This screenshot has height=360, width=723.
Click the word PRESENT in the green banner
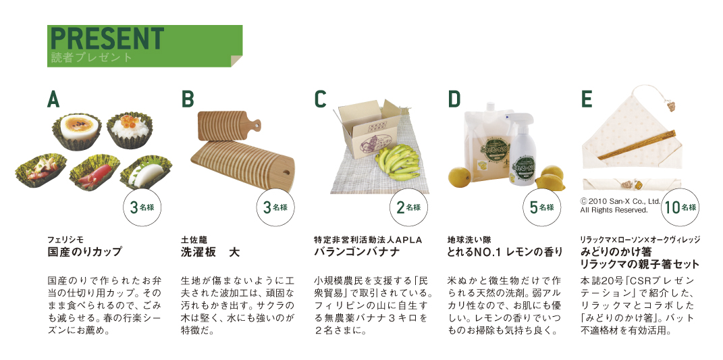[x=107, y=38]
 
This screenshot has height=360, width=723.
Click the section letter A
[x=53, y=99]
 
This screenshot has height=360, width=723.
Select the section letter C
[x=320, y=99]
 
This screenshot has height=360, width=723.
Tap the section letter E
[x=587, y=99]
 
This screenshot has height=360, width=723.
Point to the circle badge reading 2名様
[x=409, y=208]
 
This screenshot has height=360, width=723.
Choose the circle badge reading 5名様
[x=542, y=208]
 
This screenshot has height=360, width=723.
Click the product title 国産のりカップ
[x=85, y=252]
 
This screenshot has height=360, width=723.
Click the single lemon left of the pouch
[x=460, y=178]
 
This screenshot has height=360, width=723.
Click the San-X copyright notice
[x=620, y=206]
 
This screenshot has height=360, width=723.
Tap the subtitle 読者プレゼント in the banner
[x=92, y=57]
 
